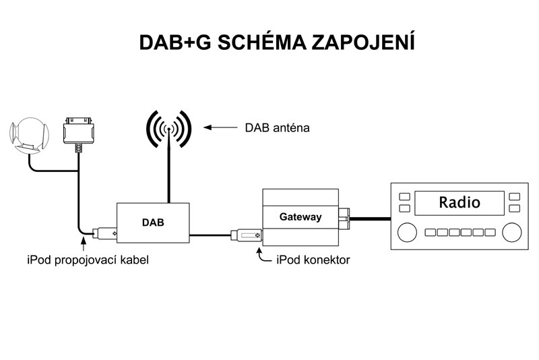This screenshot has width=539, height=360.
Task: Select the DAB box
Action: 153,221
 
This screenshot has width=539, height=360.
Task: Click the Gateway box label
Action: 300,217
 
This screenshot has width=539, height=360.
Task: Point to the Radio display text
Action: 459,202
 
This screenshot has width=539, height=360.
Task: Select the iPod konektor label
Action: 313,259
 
